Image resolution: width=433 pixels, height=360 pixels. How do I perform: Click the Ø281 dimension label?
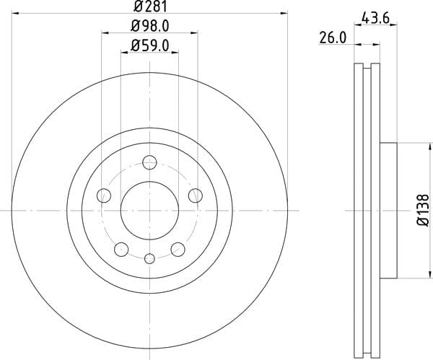[151, 6]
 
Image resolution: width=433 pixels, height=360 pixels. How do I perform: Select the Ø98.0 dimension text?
[149, 26]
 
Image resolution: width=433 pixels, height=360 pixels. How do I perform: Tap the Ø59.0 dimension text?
[149, 45]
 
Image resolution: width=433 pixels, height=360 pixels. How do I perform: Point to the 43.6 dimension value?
[375, 18]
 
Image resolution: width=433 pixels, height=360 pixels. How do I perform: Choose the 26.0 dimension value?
[333, 38]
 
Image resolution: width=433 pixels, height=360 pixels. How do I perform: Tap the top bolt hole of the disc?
[149, 162]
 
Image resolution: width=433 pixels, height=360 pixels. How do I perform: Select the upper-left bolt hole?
[104, 196]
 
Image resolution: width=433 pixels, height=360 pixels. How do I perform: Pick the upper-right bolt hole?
[196, 196]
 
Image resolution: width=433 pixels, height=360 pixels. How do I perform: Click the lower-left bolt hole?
[121, 250]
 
